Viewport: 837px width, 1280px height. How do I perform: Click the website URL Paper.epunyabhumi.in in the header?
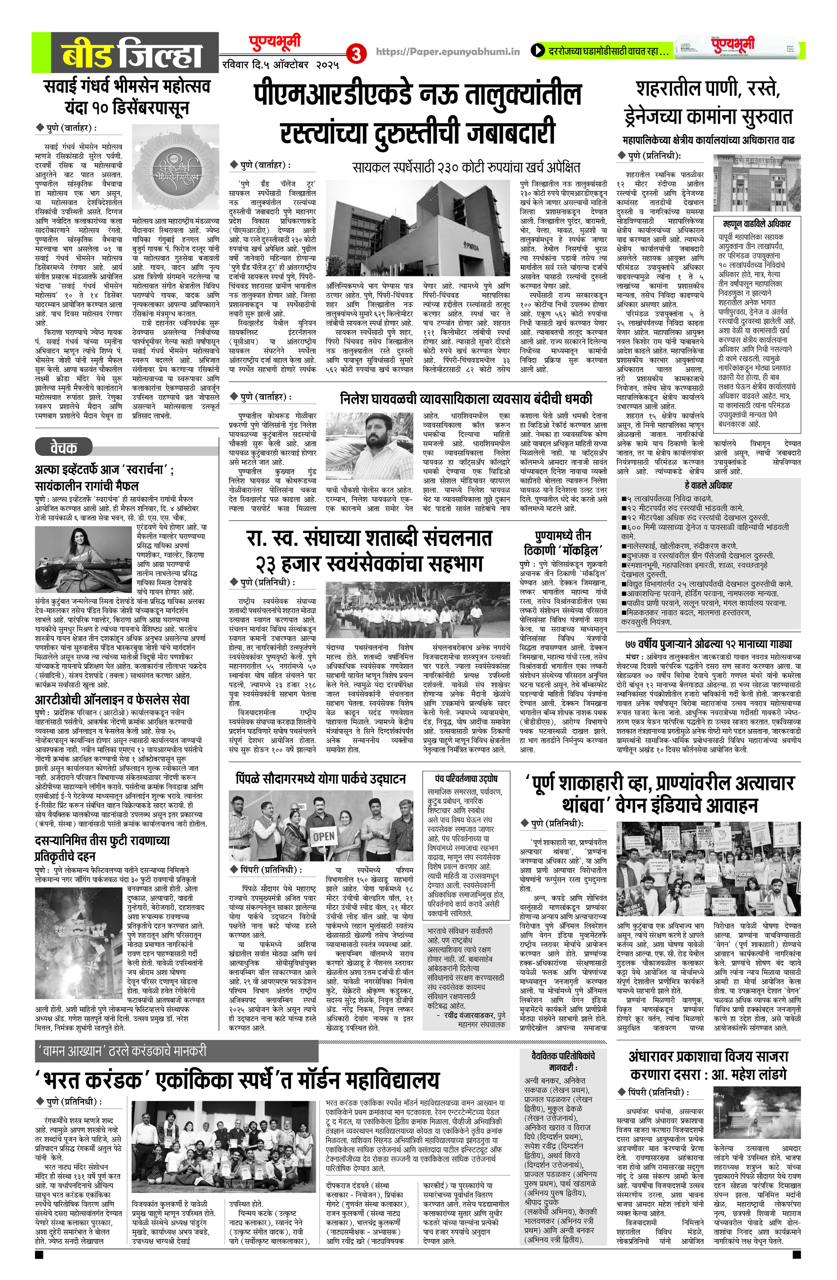(448, 52)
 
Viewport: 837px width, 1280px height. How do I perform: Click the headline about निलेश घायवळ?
(466, 398)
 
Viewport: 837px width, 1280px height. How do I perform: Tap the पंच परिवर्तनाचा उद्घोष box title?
(466, 778)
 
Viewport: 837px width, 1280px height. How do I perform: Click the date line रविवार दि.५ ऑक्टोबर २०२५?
(280, 65)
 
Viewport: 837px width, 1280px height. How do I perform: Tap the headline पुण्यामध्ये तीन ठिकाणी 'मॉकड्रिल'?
(563, 542)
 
